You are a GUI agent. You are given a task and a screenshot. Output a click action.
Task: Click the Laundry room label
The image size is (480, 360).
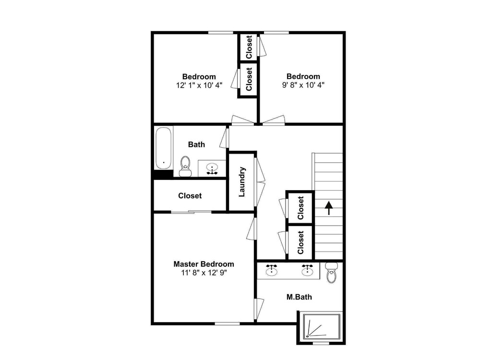tap(242, 182)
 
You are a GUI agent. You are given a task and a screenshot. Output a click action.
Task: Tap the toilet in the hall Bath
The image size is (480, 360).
tap(185, 166)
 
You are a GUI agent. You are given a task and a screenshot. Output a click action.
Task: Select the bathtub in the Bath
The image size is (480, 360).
tap(163, 148)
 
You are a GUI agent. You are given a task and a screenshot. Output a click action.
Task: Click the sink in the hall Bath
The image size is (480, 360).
tap(212, 168)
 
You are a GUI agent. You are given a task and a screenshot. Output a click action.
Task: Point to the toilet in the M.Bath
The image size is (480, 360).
tap(331, 273)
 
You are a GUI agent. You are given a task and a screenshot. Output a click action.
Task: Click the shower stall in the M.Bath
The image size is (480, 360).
tap(322, 326)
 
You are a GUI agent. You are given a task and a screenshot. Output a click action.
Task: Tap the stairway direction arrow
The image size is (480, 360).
tap(329, 208)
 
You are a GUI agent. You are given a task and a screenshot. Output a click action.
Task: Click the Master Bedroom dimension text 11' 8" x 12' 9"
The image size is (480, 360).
tap(204, 273)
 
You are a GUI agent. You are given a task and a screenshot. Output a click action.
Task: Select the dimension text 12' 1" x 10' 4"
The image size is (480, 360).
tap(199, 85)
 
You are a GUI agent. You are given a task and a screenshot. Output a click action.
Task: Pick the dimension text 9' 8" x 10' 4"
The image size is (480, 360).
tap(303, 85)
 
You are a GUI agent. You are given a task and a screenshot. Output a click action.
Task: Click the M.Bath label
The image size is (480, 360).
tap(299, 297)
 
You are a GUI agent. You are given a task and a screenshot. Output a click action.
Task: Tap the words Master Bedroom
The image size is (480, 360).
tap(204, 264)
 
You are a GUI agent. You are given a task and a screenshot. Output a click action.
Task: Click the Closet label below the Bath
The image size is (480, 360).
tap(190, 196)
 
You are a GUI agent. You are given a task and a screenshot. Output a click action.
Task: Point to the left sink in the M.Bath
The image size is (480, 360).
tap(272, 270)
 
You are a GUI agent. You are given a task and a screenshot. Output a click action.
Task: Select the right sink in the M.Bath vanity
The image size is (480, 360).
tap(307, 270)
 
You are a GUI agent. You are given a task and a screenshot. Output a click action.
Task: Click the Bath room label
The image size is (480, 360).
tap(196, 144)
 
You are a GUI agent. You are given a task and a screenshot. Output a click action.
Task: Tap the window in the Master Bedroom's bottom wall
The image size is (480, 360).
tap(227, 324)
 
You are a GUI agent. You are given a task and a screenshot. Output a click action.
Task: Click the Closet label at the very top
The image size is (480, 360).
tap(249, 47)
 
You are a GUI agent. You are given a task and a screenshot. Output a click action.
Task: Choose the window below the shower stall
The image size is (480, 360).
tap(321, 344)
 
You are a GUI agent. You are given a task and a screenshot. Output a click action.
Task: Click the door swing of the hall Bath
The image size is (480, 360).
tap(224, 138)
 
